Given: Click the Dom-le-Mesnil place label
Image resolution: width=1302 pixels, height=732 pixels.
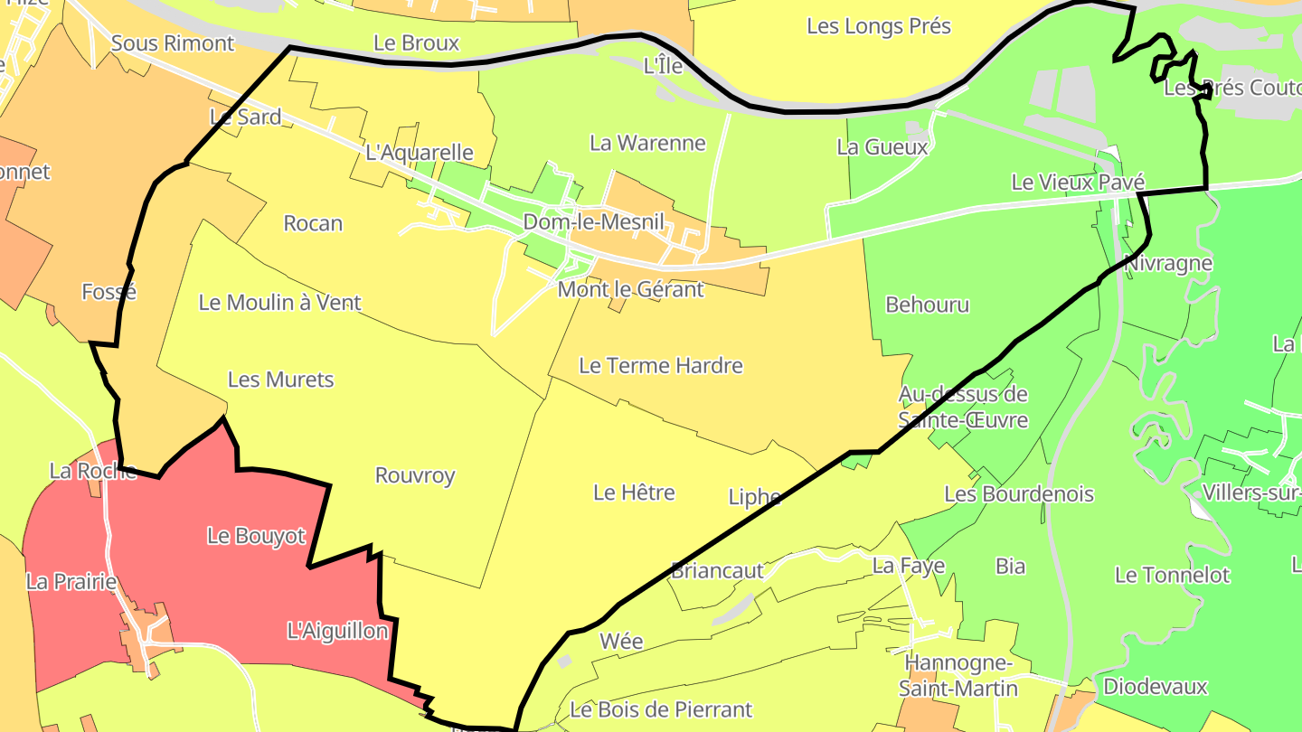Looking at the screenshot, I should [x=593, y=222].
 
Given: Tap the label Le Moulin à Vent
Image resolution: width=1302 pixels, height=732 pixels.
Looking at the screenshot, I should [x=279, y=303].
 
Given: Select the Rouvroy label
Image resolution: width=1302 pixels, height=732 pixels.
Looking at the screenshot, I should [x=414, y=475].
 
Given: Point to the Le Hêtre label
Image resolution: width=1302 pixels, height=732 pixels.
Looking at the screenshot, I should [x=634, y=493].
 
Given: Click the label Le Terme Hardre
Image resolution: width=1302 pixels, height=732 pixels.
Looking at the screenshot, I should [x=660, y=366].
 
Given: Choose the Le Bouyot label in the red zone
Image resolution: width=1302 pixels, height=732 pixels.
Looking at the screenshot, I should [x=256, y=536].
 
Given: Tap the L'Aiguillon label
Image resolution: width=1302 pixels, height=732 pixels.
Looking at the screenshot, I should [x=336, y=631].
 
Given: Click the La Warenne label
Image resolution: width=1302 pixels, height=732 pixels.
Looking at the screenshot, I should [x=647, y=143].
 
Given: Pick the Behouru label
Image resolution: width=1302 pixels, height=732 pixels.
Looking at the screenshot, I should [x=927, y=305].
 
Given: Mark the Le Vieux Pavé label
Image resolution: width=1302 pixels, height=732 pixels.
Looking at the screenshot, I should [x=1078, y=183].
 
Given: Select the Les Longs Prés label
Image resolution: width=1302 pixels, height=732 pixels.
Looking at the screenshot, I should [x=878, y=26].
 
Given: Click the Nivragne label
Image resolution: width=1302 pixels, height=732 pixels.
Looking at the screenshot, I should [x=1168, y=264].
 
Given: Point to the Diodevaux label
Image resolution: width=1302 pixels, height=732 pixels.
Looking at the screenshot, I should [x=1155, y=687].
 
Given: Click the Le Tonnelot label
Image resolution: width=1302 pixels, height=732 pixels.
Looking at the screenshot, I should [x=1172, y=575].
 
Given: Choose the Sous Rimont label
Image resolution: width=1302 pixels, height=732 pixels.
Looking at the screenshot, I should [x=172, y=43].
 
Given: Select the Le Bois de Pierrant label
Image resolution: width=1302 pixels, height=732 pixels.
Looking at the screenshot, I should [x=660, y=709].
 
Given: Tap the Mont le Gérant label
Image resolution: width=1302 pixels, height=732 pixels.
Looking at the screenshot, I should [x=630, y=290].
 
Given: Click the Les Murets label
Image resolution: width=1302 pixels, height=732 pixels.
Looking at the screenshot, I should [x=280, y=380].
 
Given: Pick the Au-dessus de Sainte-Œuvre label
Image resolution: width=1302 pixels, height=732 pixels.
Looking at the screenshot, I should [x=962, y=407].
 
